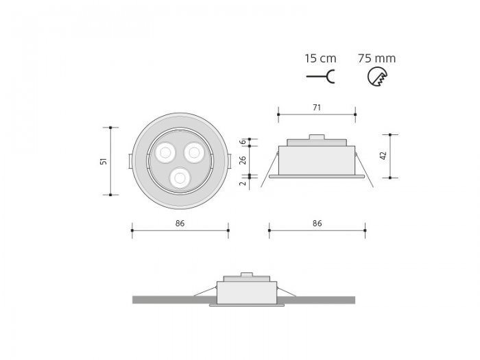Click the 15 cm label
[x=320, y=58]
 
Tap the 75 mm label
[x=376, y=58]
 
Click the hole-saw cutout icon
[x=377, y=77]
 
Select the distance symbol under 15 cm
[x=320, y=77]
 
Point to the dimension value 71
[x=317, y=108]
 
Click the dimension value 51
[x=104, y=161]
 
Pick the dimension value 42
[x=383, y=156]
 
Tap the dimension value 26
[x=243, y=160]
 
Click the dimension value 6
[x=243, y=142]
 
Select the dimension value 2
[x=243, y=183]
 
